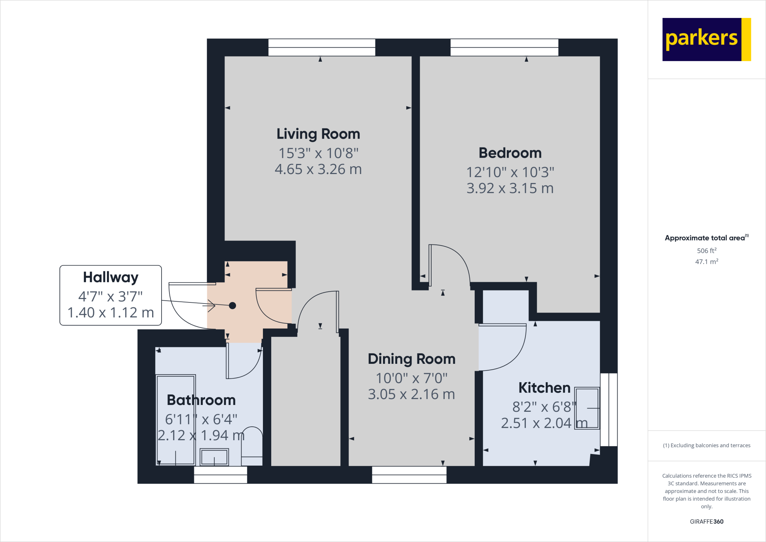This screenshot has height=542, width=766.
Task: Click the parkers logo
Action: pyautogui.click(x=706, y=39)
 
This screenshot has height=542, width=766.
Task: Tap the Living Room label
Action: pyautogui.click(x=318, y=134)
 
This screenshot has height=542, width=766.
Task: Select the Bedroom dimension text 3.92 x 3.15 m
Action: pyautogui.click(x=510, y=188)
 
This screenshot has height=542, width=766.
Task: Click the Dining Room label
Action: pyautogui.click(x=411, y=359)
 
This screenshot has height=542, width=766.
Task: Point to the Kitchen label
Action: pyautogui.click(x=544, y=388)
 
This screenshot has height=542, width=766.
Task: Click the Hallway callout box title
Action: pyautogui.click(x=111, y=277)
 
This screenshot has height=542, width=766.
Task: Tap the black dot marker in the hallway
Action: pyautogui.click(x=232, y=305)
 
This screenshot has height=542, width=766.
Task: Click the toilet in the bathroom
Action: pyautogui.click(x=252, y=445)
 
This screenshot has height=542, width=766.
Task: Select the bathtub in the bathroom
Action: pyautogui.click(x=175, y=420)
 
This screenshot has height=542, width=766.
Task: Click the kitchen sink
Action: pyautogui.click(x=587, y=408)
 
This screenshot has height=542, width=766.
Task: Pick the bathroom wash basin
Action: pyautogui.click(x=214, y=457)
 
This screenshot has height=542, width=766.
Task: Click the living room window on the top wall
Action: pyautogui.click(x=322, y=48)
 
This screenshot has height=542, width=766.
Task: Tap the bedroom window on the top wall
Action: pyautogui.click(x=504, y=48)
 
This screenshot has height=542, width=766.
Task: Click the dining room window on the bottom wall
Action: pyautogui.click(x=409, y=475)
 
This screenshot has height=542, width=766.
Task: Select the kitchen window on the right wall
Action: pyautogui.click(x=609, y=409)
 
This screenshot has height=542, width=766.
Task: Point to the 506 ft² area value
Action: pyautogui.click(x=707, y=250)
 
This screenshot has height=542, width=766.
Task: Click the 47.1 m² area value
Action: pyautogui.click(x=707, y=262)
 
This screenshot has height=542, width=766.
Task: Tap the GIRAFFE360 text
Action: pyautogui.click(x=707, y=521)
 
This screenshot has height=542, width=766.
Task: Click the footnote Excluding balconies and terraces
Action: pyautogui.click(x=707, y=445)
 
